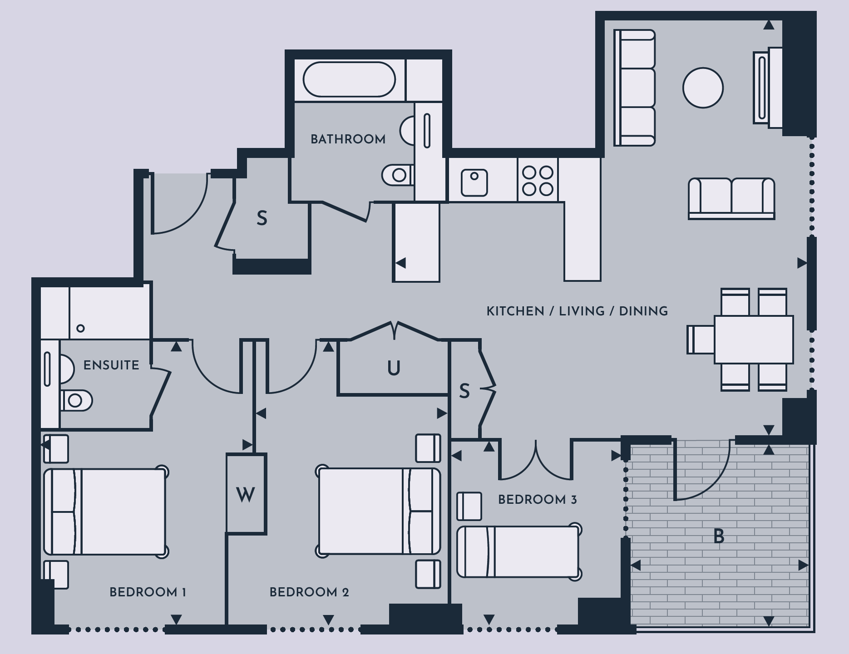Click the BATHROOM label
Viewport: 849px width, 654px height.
click(x=348, y=139)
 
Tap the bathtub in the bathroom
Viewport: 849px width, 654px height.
click(x=349, y=79)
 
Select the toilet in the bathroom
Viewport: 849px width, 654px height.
click(x=398, y=175)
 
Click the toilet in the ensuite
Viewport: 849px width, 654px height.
click(x=76, y=400)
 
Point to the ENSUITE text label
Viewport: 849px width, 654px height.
click(x=111, y=365)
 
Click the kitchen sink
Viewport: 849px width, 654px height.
click(x=474, y=182)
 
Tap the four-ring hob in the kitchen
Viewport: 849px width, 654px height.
click(x=538, y=180)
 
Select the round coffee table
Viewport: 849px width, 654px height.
click(x=703, y=88)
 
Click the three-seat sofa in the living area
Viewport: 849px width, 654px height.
click(x=634, y=88)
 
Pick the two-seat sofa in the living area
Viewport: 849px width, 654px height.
click(x=731, y=198)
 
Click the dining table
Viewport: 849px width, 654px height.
click(x=754, y=339)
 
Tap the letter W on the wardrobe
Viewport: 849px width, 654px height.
click(x=246, y=495)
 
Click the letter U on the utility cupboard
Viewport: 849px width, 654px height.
click(x=394, y=368)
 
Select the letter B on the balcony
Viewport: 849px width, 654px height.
click(x=719, y=537)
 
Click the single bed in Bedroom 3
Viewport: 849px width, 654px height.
click(x=518, y=552)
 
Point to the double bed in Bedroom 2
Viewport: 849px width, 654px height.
click(x=379, y=511)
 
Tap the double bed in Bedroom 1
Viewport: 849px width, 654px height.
click(x=106, y=511)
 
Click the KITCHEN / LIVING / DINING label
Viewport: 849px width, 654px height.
click(x=577, y=311)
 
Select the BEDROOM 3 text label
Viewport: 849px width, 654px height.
click(x=538, y=500)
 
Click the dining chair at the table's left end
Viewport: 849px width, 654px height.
click(x=701, y=339)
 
